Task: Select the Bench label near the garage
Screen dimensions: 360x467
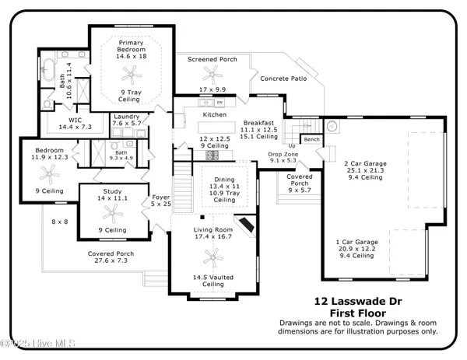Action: [312, 140]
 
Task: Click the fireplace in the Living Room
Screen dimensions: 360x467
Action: [247, 225]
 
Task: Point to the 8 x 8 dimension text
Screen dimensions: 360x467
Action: [59, 222]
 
